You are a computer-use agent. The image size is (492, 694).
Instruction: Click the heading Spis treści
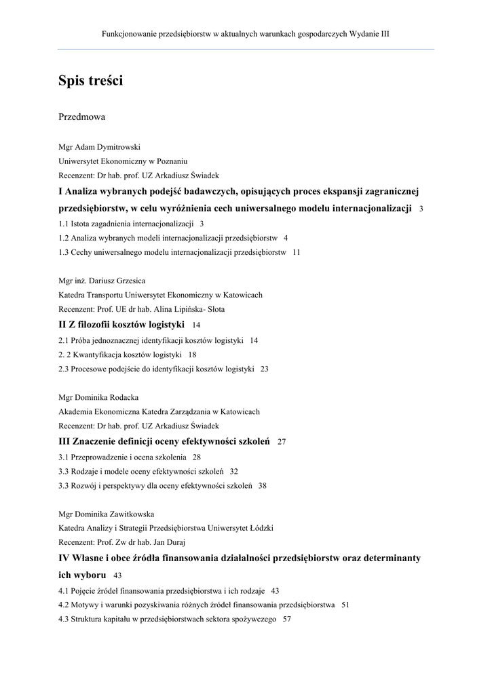(90, 81)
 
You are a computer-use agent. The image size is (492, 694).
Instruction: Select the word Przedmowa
(81, 117)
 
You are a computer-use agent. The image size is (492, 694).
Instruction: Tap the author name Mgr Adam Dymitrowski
(100, 147)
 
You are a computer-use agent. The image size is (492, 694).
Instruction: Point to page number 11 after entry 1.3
(297, 253)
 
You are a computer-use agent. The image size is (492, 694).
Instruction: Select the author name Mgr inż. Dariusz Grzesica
(102, 281)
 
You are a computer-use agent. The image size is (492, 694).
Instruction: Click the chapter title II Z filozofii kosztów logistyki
(121, 325)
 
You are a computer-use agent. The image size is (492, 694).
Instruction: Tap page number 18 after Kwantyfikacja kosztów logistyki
(192, 355)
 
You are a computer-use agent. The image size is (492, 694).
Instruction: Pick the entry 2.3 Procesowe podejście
(156, 369)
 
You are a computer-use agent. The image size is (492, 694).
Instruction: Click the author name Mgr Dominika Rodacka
(98, 397)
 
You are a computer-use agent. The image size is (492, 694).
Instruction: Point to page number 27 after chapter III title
(282, 442)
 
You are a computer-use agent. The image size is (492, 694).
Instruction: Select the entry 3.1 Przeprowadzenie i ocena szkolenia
(122, 457)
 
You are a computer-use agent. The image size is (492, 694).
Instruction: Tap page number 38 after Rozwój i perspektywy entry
(263, 486)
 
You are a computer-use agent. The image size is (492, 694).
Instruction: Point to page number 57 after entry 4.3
(286, 619)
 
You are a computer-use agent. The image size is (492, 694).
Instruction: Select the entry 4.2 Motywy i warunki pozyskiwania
(197, 605)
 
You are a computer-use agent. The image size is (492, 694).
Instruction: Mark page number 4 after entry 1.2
(286, 239)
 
